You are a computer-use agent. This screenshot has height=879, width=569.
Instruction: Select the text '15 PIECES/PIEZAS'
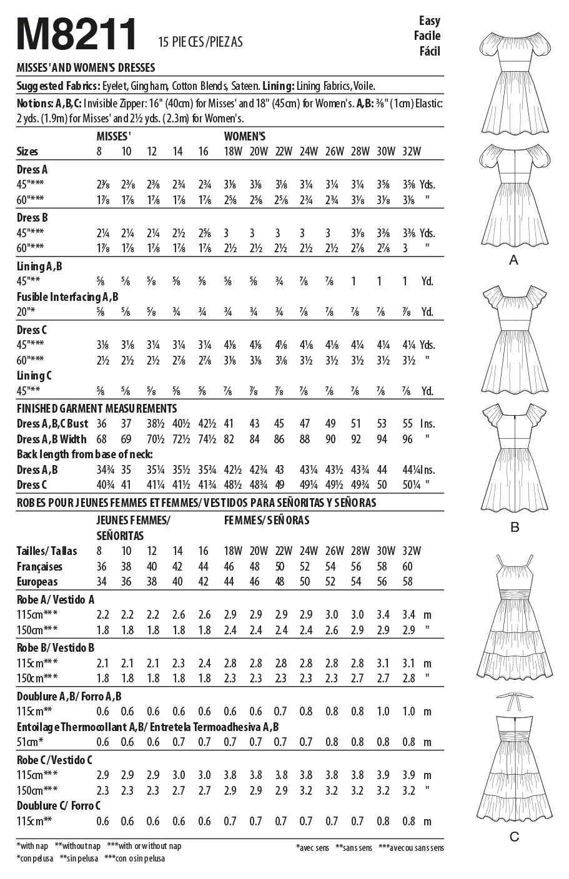pos(200,42)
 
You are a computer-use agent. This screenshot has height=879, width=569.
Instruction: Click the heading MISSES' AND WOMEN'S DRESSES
pos(86,67)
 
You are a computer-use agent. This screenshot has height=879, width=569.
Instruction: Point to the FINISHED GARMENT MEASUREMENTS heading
pos(97,408)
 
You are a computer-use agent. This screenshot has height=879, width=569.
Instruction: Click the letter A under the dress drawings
pos(513,260)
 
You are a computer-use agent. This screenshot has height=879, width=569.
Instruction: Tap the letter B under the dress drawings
pos(514,528)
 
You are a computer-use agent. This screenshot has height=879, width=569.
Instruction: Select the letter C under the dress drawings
pos(514,837)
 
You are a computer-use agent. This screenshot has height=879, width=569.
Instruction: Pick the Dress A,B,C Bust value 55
pos(408,423)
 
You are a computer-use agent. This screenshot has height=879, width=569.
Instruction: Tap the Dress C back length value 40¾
pos(102,485)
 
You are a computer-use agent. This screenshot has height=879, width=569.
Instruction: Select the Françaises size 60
pos(408,567)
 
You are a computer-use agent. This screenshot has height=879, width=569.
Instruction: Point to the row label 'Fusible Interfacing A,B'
pos(67,297)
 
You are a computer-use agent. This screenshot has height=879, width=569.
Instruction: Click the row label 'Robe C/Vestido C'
pos(55,760)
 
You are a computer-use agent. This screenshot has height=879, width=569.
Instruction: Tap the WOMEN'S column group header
pos(245,136)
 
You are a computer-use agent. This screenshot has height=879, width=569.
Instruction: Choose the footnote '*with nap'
pos(32,846)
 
